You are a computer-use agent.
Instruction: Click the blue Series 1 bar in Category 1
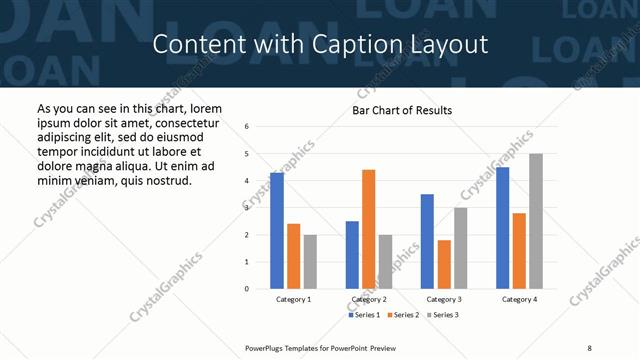tap(277, 231)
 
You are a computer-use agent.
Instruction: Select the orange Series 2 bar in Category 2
tap(368, 229)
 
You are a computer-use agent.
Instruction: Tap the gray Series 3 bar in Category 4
tap(536, 221)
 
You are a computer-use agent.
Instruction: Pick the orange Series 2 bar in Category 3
tap(444, 264)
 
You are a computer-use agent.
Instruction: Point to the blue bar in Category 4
tap(502, 228)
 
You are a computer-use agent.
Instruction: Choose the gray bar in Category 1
tap(310, 262)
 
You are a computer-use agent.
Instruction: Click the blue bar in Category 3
tap(427, 241)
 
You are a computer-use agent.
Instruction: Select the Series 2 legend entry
tap(403, 315)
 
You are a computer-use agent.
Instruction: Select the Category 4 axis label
tap(519, 300)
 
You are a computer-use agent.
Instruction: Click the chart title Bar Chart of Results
tap(402, 110)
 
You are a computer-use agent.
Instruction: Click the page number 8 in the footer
tap(589, 347)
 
